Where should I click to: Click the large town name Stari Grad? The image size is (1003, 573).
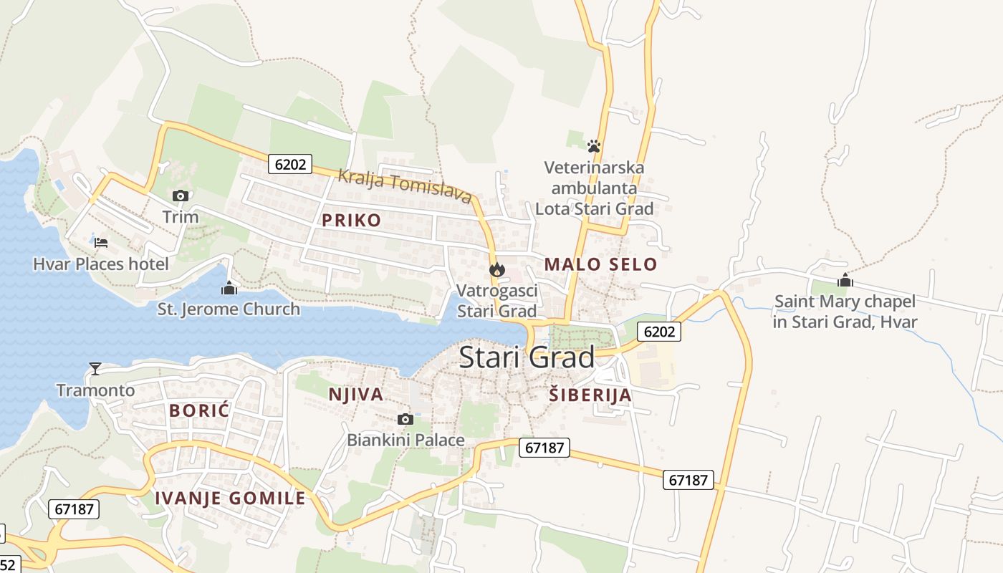tap(527, 357)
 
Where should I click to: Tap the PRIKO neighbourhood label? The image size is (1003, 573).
tap(352, 220)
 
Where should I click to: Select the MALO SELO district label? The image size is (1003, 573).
tap(600, 264)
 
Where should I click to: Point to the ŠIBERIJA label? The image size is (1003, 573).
tap(590, 395)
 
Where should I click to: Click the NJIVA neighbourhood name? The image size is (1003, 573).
tap(356, 394)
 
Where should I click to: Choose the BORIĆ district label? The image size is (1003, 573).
tap(199, 410)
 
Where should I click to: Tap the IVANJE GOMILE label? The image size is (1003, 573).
tap(230, 498)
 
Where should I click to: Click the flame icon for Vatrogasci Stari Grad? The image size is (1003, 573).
tap(496, 270)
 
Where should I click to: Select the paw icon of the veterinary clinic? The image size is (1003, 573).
tap(593, 146)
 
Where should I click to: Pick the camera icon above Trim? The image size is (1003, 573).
tap(180, 196)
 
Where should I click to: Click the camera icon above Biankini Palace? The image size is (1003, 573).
tap(405, 419)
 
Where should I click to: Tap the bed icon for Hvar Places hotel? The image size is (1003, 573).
tap(101, 243)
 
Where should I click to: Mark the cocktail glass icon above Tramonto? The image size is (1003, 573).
tap(95, 369)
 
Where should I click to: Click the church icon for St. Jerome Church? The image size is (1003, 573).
tap(229, 289)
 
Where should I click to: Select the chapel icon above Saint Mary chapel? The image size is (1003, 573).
tap(845, 280)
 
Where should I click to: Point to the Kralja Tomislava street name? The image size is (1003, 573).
tap(405, 186)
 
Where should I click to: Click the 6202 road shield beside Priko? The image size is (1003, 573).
tap(290, 164)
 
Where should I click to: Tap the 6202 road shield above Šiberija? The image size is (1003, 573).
tap(659, 331)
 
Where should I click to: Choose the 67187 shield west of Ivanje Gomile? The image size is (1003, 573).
tap(74, 509)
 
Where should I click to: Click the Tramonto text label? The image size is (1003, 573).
tap(95, 390)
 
